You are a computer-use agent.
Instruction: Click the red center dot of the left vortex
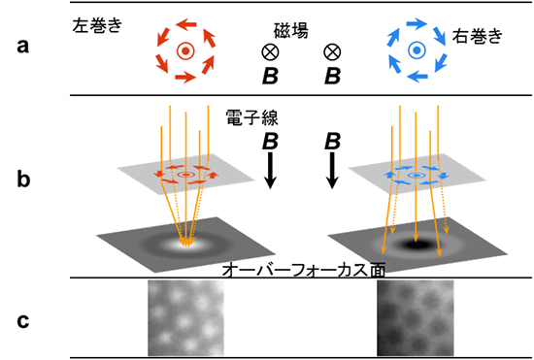pyautogui.click(x=184, y=49)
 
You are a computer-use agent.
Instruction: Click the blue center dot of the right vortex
pyautogui.click(x=416, y=49)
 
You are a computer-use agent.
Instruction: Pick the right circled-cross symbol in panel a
pyautogui.click(x=332, y=50)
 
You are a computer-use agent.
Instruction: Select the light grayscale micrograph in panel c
pyautogui.click(x=186, y=318)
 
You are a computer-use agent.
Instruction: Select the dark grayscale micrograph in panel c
pyautogui.click(x=415, y=318)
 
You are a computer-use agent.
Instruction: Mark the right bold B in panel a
pyautogui.click(x=332, y=75)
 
